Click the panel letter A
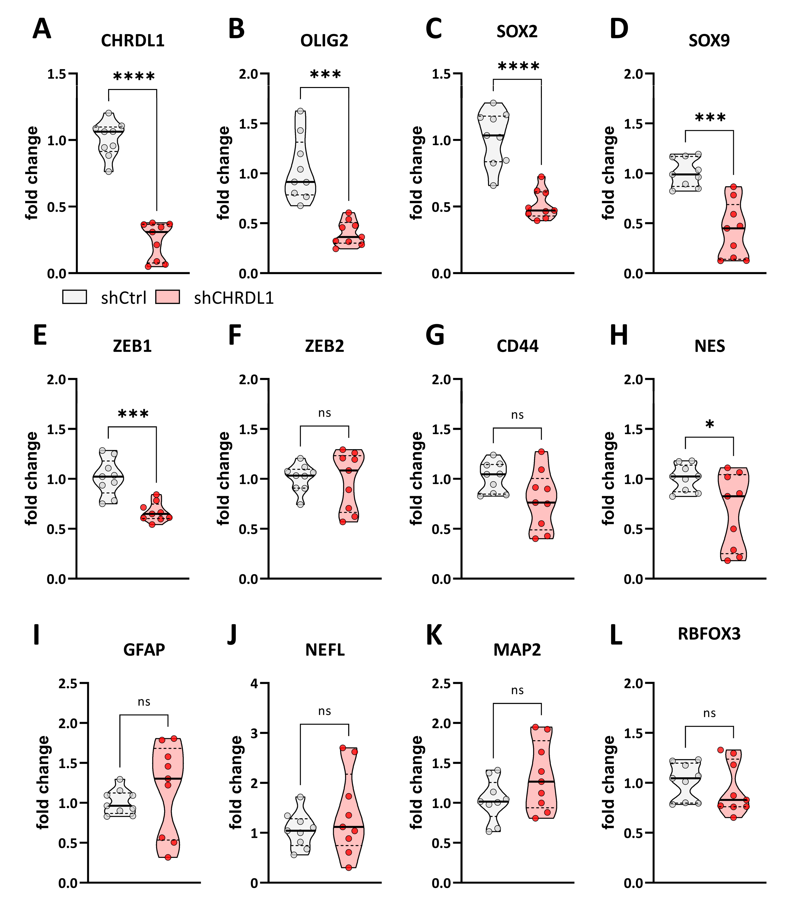coord(42,29)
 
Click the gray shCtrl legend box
coord(74,297)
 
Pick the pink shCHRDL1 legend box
coord(168,297)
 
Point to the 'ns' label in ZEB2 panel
coord(324,413)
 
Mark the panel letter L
coord(616,635)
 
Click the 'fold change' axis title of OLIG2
coord(224,173)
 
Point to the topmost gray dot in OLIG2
coord(300,111)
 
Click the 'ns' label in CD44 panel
coord(517,415)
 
